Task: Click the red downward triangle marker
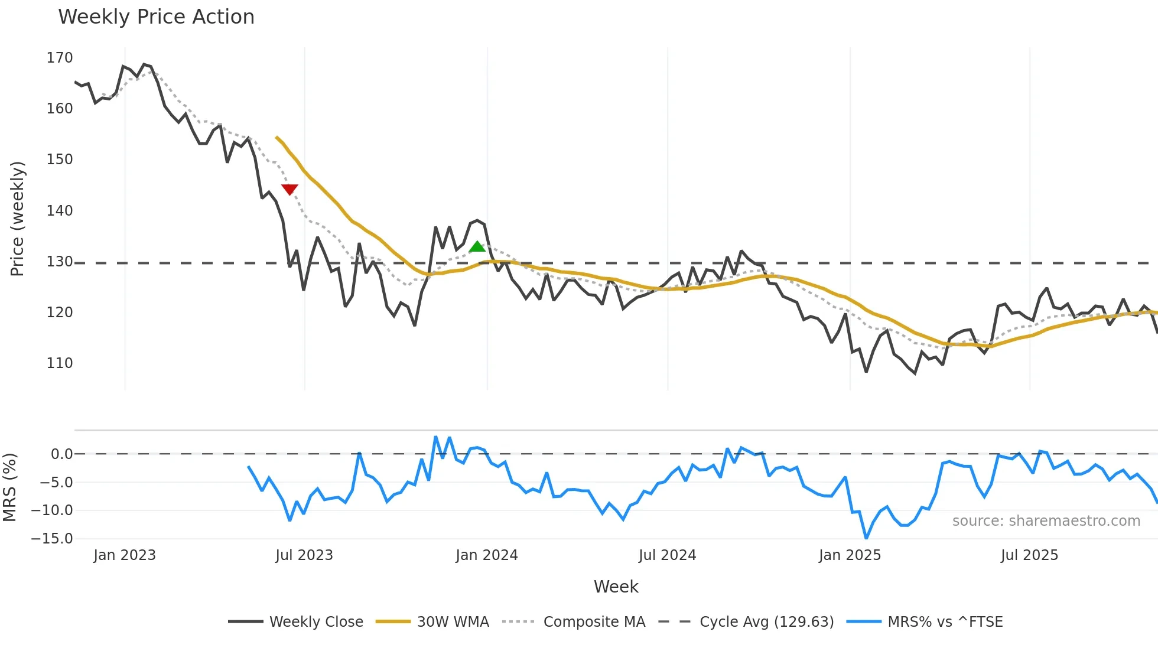point(289,189)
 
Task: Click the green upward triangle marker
point(477,247)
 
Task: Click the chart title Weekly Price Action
point(156,17)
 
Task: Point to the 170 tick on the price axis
point(60,58)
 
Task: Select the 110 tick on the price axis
point(60,363)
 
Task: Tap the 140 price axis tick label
point(60,211)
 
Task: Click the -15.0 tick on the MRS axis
point(53,539)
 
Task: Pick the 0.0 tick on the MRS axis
point(61,454)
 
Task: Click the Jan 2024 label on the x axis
point(486,555)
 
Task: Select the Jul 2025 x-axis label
point(1029,555)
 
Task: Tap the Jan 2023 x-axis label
point(125,555)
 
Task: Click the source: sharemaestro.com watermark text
point(1046,521)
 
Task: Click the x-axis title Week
point(616,587)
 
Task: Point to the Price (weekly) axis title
point(17,219)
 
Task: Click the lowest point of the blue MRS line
point(866,538)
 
